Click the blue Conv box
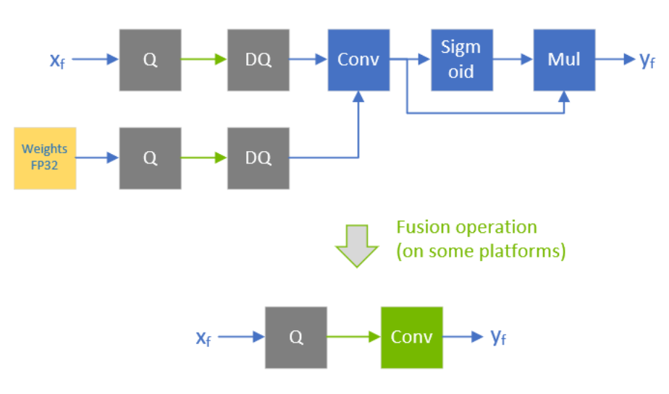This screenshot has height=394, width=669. click(358, 60)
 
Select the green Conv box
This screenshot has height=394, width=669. click(412, 338)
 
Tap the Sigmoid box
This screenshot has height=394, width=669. click(461, 60)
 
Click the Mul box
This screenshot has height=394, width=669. click(564, 60)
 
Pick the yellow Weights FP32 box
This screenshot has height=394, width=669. click(45, 158)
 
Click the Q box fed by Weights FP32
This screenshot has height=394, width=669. click(150, 158)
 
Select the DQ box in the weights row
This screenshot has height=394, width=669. click(258, 158)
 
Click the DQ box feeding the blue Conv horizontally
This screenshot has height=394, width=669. click(258, 60)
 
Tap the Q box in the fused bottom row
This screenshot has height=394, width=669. click(295, 338)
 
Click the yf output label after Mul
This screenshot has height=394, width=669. click(647, 61)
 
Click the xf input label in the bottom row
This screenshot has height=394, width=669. click(203, 338)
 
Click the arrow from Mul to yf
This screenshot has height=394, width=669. click(615, 60)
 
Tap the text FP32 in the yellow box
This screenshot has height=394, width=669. click(45, 165)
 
